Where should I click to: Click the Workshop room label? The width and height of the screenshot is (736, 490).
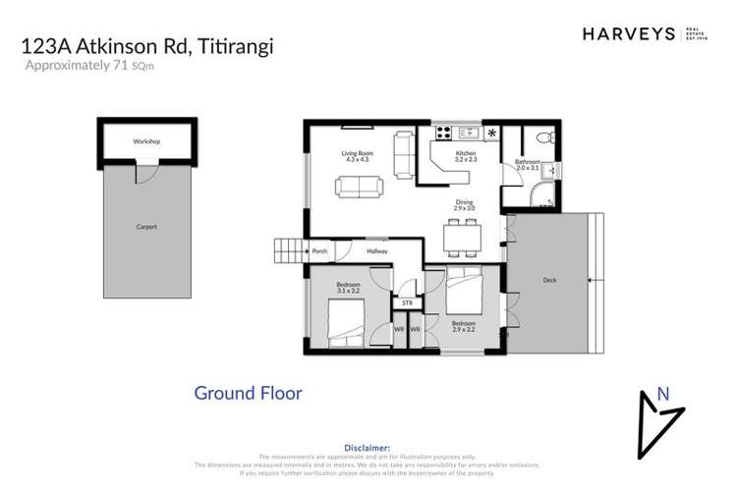146,141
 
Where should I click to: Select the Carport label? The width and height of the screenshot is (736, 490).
146,227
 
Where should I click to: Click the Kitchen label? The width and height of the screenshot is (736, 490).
466,155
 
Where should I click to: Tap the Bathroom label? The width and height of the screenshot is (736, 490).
527,163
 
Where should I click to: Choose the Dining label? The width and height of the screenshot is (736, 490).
464,203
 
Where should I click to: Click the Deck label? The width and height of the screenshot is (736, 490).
549,280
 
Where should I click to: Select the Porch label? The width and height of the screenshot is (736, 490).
319,251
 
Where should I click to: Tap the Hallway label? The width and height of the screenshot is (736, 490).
377,251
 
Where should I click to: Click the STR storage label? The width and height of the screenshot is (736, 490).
407,303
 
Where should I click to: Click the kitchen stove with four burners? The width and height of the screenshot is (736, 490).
443,131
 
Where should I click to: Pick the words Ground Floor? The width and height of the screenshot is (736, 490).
248,394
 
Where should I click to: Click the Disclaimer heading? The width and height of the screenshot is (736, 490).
368,446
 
